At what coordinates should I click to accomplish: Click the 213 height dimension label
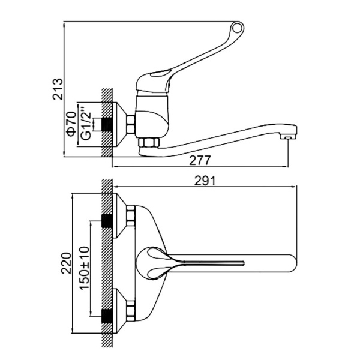[x=58, y=89]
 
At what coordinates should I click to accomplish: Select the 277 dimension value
[x=200, y=160]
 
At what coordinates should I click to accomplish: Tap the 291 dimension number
[x=205, y=181]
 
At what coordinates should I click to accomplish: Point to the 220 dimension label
[x=67, y=263]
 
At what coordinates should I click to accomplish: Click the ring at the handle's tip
[x=237, y=28]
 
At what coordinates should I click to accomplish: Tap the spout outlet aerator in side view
[x=287, y=137]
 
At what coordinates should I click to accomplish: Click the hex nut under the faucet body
[x=149, y=142]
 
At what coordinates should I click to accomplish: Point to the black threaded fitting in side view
[x=107, y=125]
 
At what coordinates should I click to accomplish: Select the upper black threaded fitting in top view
[x=107, y=220]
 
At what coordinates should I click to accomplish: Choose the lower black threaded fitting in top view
[x=107, y=316]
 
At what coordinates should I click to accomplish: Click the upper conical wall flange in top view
[x=119, y=215]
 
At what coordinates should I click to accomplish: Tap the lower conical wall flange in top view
[x=119, y=311]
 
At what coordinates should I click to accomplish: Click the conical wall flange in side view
[x=119, y=124]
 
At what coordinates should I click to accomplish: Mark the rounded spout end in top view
[x=292, y=263]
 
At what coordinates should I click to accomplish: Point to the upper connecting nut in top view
[x=131, y=215]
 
